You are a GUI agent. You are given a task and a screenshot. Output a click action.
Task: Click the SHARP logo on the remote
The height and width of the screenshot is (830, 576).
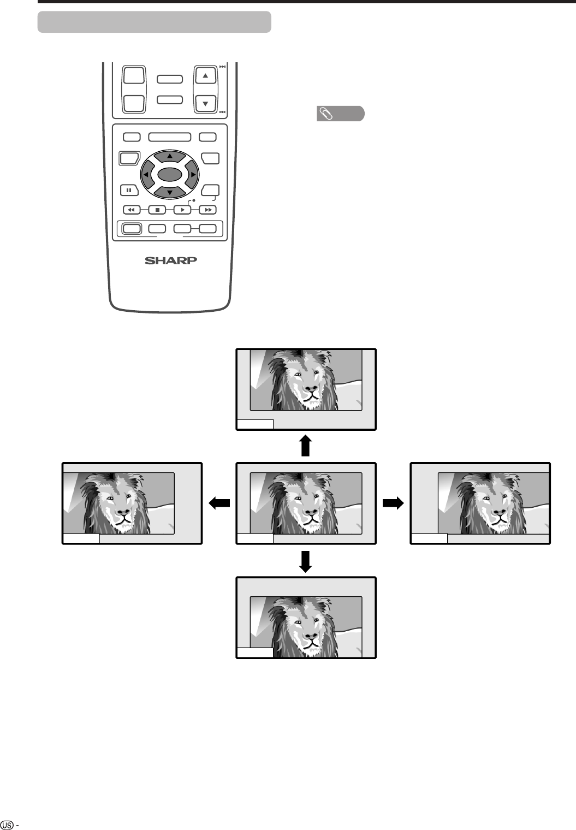pyautogui.click(x=170, y=260)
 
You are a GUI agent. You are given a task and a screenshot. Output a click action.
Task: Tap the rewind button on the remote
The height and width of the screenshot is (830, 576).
pyautogui.click(x=131, y=209)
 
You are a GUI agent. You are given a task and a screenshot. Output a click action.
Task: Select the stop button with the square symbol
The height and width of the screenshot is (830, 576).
pyautogui.click(x=157, y=209)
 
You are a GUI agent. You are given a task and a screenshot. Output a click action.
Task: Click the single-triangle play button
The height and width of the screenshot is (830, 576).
pyautogui.click(x=182, y=209)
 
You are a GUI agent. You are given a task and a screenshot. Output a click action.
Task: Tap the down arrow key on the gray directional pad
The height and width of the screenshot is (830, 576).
pyautogui.click(x=169, y=192)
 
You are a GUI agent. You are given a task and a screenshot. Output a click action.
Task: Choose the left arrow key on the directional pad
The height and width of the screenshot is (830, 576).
pyautogui.click(x=146, y=175)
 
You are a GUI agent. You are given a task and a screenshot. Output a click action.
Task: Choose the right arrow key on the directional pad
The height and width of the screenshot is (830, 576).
pyautogui.click(x=193, y=175)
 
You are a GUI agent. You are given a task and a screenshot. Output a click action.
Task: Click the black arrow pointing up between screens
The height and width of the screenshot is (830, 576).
pyautogui.click(x=306, y=445)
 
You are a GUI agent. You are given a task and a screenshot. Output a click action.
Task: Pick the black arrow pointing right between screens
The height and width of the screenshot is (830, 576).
pyautogui.click(x=393, y=503)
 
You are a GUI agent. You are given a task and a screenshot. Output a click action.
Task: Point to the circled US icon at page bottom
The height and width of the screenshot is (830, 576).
pyautogui.click(x=8, y=823)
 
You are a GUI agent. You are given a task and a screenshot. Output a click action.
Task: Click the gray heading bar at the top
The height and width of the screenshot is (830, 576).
pyautogui.click(x=155, y=22)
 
